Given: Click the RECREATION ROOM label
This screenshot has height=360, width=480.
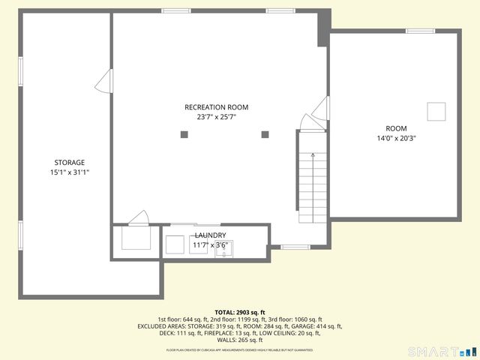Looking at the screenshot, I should point(216,107).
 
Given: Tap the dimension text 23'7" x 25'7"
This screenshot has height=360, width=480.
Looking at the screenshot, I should point(216,117).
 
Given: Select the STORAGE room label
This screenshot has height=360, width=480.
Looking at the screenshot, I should point(69,163).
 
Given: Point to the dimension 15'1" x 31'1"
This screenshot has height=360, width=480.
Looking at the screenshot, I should point(69,172).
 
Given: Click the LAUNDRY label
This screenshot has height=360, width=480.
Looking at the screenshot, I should point(210,235).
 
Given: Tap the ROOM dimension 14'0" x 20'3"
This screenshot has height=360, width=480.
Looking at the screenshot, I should point(397,138).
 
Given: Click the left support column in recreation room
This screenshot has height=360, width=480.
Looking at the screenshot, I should point(184,134).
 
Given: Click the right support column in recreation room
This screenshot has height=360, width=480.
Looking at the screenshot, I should point(265,134).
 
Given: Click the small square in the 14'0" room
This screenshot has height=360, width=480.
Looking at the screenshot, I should point(436,112).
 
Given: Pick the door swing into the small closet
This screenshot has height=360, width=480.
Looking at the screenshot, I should point(139,218).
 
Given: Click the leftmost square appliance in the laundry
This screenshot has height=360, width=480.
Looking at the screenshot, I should point(174,245).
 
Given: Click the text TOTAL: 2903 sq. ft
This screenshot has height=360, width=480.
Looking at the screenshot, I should point(239,312).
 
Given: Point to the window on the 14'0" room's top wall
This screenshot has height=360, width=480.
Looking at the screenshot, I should point(420,31).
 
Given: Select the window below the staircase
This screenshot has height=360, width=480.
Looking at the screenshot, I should point(295,247).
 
